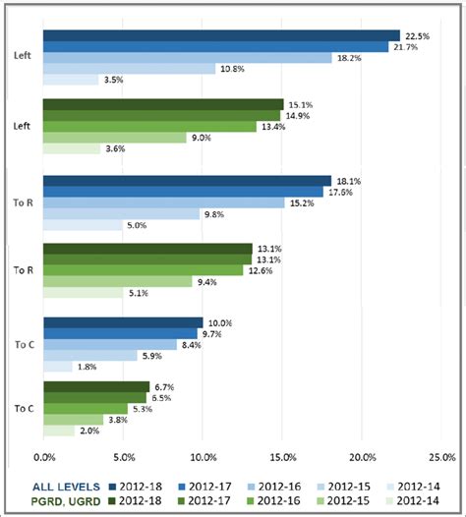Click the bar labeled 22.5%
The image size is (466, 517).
tap(221, 35)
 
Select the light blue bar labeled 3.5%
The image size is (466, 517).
tap(71, 80)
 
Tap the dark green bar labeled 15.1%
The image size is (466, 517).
tap(163, 104)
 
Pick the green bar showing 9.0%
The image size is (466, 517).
tap(115, 138)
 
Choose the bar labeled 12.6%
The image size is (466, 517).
tap(144, 270)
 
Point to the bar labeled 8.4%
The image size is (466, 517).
tap(110, 344)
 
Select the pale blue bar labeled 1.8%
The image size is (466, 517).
tap(58, 367)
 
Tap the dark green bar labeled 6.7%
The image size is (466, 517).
tap(96, 386)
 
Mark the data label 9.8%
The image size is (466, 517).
tap(214, 214)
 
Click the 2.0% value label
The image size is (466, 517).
tap(89, 431)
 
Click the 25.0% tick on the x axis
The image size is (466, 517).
tap(440, 456)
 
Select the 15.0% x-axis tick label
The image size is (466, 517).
tap(282, 456)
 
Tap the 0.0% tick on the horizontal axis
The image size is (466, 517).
tap(44, 456)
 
